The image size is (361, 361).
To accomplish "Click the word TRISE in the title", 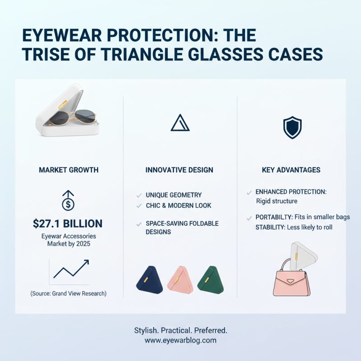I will click(40, 55).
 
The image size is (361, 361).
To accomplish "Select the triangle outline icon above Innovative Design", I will click(180, 123).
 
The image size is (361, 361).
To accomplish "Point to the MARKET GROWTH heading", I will click(69, 170).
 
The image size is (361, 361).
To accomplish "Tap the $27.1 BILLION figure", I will click(68, 223).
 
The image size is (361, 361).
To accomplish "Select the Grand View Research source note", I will click(69, 293).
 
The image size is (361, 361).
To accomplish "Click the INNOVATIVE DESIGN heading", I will click(180, 170).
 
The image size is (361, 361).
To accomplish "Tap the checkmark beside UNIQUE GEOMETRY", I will click(139, 195).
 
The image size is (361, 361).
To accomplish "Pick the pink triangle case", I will click(180, 278).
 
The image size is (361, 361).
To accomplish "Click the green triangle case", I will click(211, 278).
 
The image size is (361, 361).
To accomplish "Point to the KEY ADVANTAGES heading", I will click(291, 170).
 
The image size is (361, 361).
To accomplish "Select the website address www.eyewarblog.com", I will click(180, 340).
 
